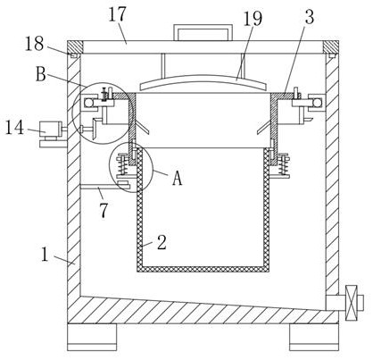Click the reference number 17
click(x=118, y=14)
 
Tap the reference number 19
click(x=253, y=19)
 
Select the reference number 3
click(x=310, y=17)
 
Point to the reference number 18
click(x=35, y=44)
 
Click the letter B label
click(x=41, y=74)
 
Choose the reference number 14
click(x=15, y=128)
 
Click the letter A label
click(x=178, y=179)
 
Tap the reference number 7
click(x=104, y=211)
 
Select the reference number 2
click(x=162, y=242)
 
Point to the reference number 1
click(x=45, y=255)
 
